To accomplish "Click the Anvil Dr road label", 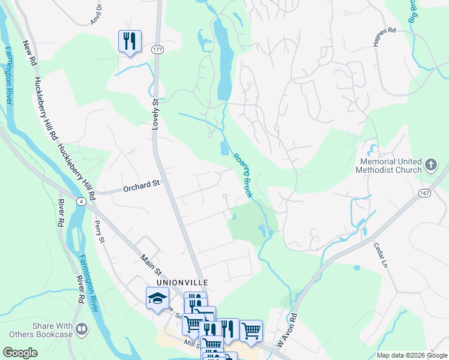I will point(97,11).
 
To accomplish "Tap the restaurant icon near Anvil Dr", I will point(130,41).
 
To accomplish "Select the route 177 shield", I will point(158,49).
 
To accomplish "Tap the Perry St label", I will point(100,232).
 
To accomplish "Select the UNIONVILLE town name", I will point(182,281).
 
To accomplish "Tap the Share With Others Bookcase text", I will point(53,329).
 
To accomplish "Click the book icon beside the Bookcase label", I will point(82,329).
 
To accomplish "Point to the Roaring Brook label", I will point(242,174).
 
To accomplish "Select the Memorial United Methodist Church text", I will point(391,166).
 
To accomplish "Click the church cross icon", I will point(430,164).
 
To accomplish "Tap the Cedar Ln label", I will point(381,254).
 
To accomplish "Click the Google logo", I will point(20,353).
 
